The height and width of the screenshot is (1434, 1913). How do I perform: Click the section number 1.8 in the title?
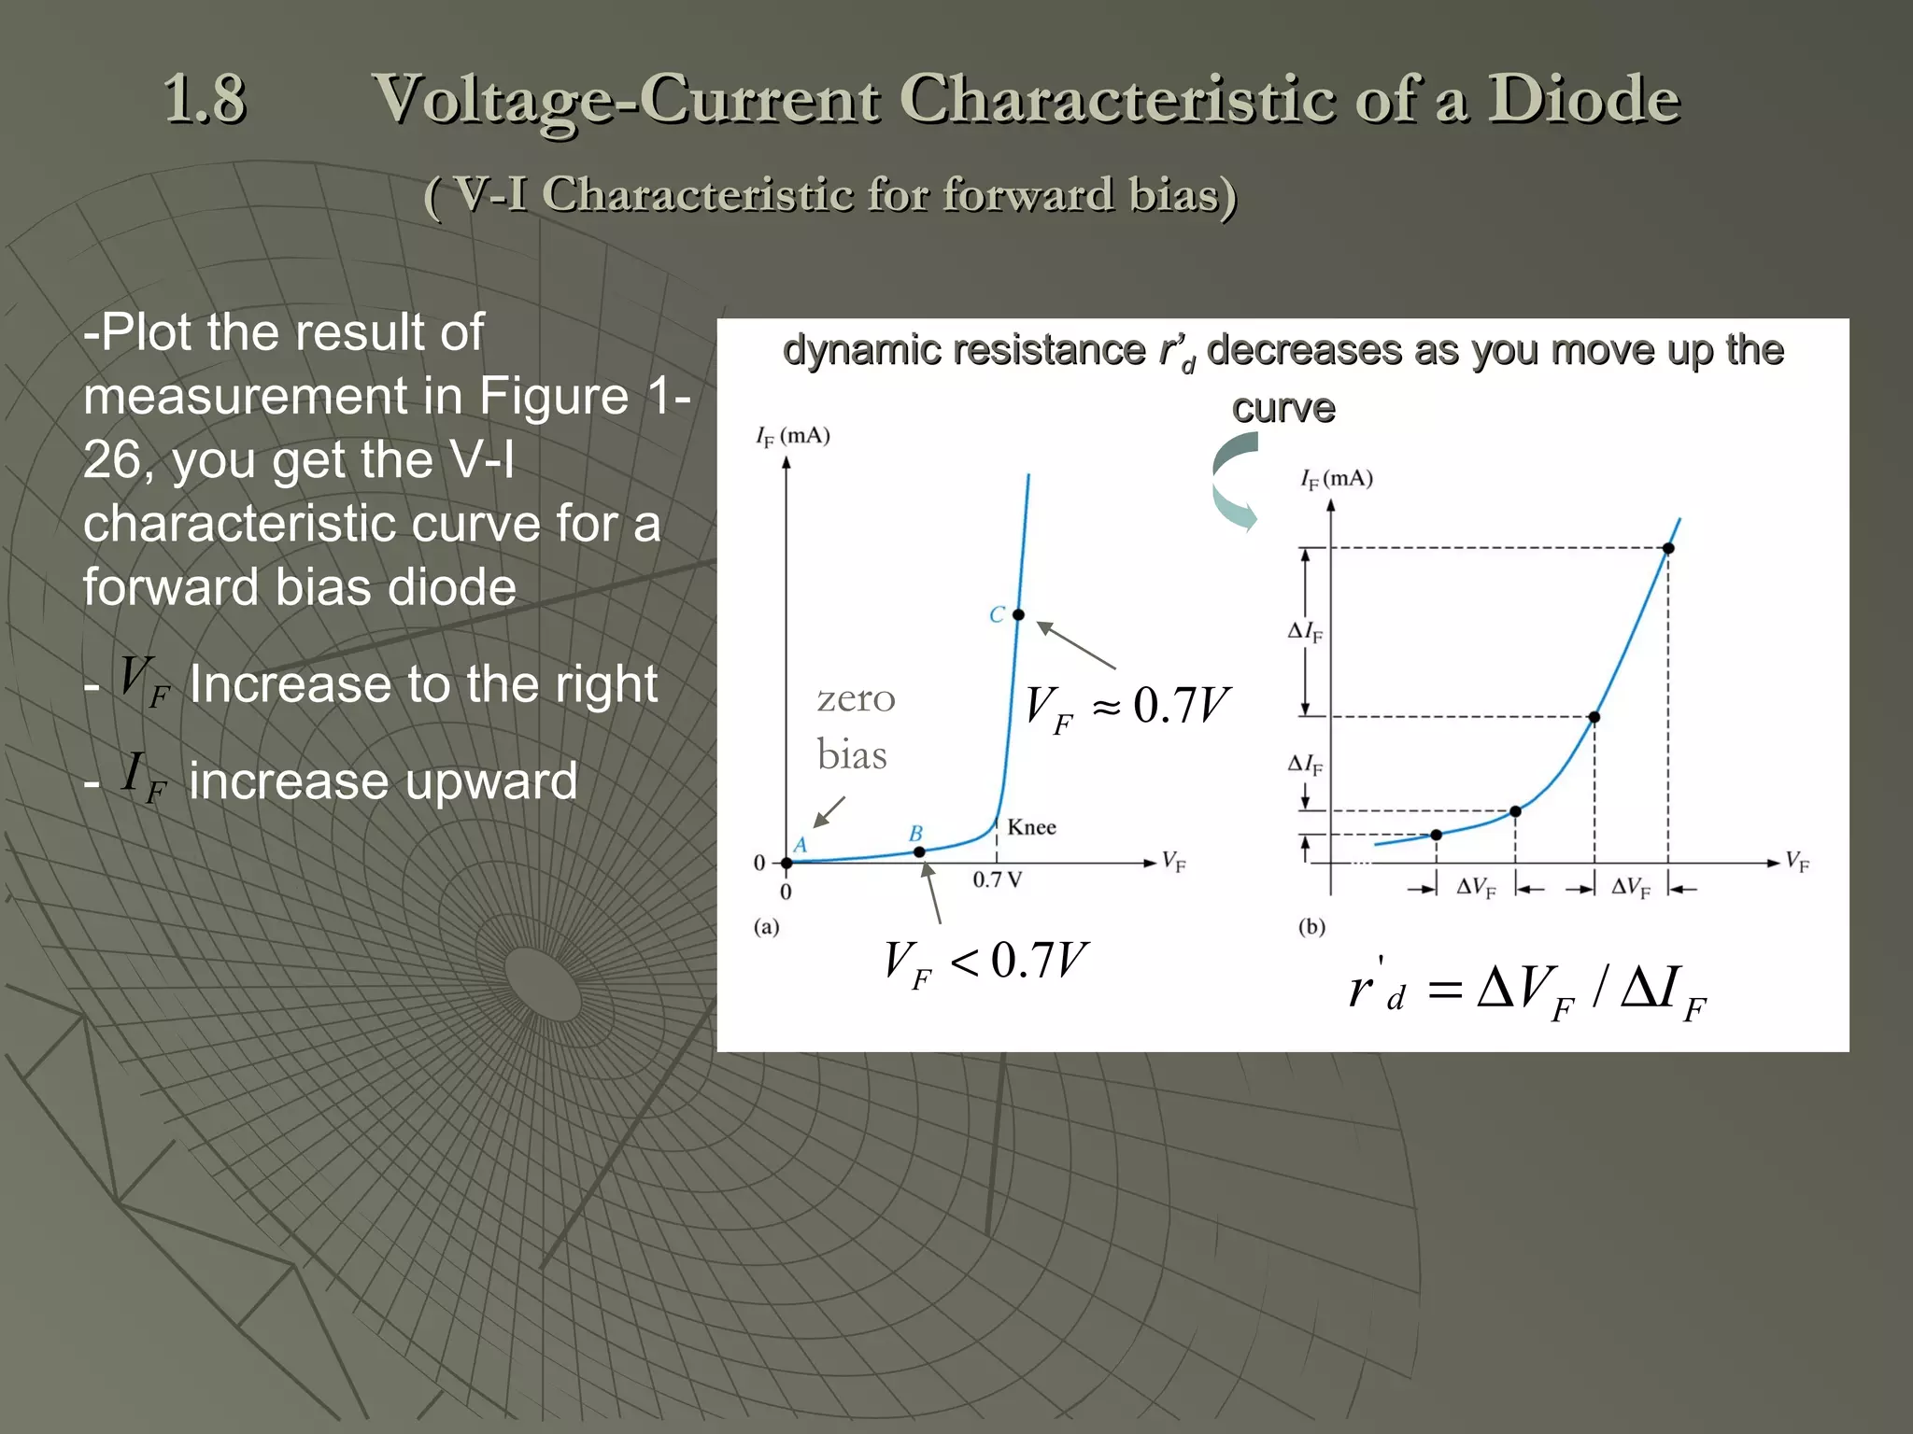pyautogui.click(x=205, y=99)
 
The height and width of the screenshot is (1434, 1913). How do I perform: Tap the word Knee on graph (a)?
pyautogui.click(x=1031, y=828)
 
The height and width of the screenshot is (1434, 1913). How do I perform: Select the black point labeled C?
pyautogui.click(x=1018, y=614)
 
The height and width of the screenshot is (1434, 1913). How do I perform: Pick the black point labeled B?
pyautogui.click(x=919, y=851)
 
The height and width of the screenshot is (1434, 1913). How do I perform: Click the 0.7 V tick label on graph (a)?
pyautogui.click(x=997, y=880)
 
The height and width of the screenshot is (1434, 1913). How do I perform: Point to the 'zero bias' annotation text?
pyautogui.click(x=855, y=726)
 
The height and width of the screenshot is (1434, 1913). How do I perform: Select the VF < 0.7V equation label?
pyautogui.click(x=985, y=963)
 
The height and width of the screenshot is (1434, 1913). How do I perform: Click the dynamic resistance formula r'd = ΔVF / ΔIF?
pyautogui.click(x=1526, y=991)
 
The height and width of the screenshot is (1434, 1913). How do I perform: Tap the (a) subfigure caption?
pyautogui.click(x=766, y=927)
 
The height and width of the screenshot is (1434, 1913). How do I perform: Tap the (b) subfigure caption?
pyautogui.click(x=1311, y=927)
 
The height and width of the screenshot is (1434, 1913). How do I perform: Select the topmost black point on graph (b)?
pyautogui.click(x=1668, y=548)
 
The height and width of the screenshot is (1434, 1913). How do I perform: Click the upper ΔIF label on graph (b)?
pyautogui.click(x=1305, y=632)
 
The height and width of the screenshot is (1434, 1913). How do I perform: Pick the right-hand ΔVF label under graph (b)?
pyautogui.click(x=1631, y=888)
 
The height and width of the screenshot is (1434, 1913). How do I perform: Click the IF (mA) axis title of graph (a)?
pyautogui.click(x=792, y=436)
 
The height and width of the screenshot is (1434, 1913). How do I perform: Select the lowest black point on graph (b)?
pyautogui.click(x=1437, y=835)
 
